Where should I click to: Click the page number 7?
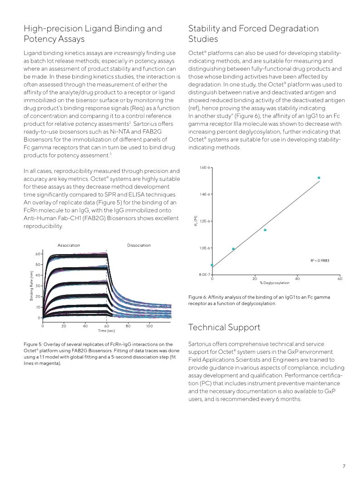pyautogui.click(x=344, y=466)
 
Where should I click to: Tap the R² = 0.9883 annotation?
pyautogui.click(x=320, y=260)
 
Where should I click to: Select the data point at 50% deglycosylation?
pyautogui.click(x=319, y=178)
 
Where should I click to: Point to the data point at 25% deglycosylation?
pyautogui.click(x=265, y=230)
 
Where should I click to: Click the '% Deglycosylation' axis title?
pyautogui.click(x=275, y=283)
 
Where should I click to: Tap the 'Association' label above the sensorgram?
pyautogui.click(x=69, y=245)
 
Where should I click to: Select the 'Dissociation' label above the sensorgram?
pyautogui.click(x=139, y=245)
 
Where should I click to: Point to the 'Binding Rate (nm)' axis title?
pyautogui.click(x=32, y=285)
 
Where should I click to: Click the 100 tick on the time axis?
pyautogui.click(x=149, y=325)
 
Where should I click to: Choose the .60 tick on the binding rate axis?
pyautogui.click(x=38, y=254)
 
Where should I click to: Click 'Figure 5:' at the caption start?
pyautogui.click(x=32, y=344)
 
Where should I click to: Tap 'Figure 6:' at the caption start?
pyautogui.click(x=197, y=297)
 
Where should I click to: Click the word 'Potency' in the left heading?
pyautogui.click(x=39, y=39)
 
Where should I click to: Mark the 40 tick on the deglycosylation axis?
pyautogui.click(x=297, y=278)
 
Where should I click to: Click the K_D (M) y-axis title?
pyautogui.click(x=196, y=221)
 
